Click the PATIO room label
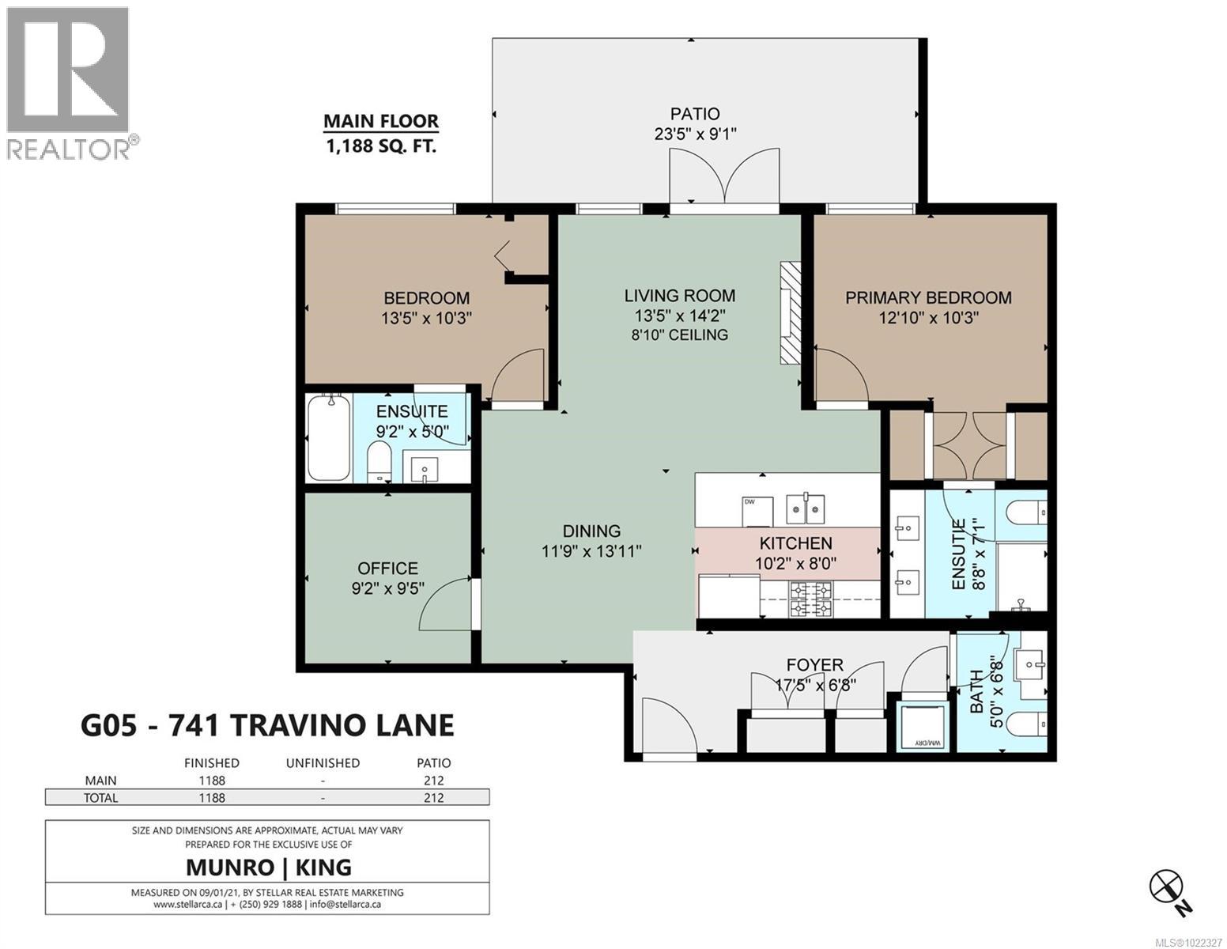[x=695, y=114]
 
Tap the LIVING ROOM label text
[x=679, y=296]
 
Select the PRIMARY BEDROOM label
[x=928, y=297]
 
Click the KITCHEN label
[x=795, y=543]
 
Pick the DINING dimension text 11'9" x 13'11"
[x=591, y=551]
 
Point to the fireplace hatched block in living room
[x=791, y=313]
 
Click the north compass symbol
[x=1167, y=886]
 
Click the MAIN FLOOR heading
[x=380, y=122]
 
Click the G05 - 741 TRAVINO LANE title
[x=267, y=725]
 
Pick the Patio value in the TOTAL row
[x=433, y=797]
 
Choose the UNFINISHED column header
[x=323, y=763]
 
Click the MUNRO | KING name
[x=268, y=867]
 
